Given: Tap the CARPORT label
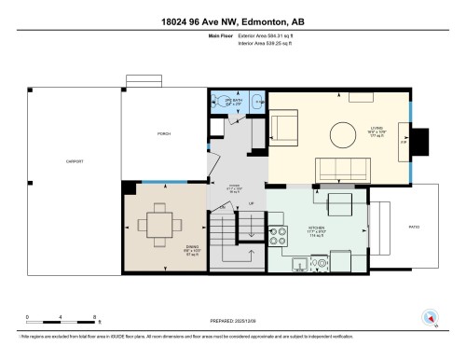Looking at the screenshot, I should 75,162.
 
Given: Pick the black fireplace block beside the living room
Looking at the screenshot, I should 420,142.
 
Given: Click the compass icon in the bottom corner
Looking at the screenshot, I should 430,317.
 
